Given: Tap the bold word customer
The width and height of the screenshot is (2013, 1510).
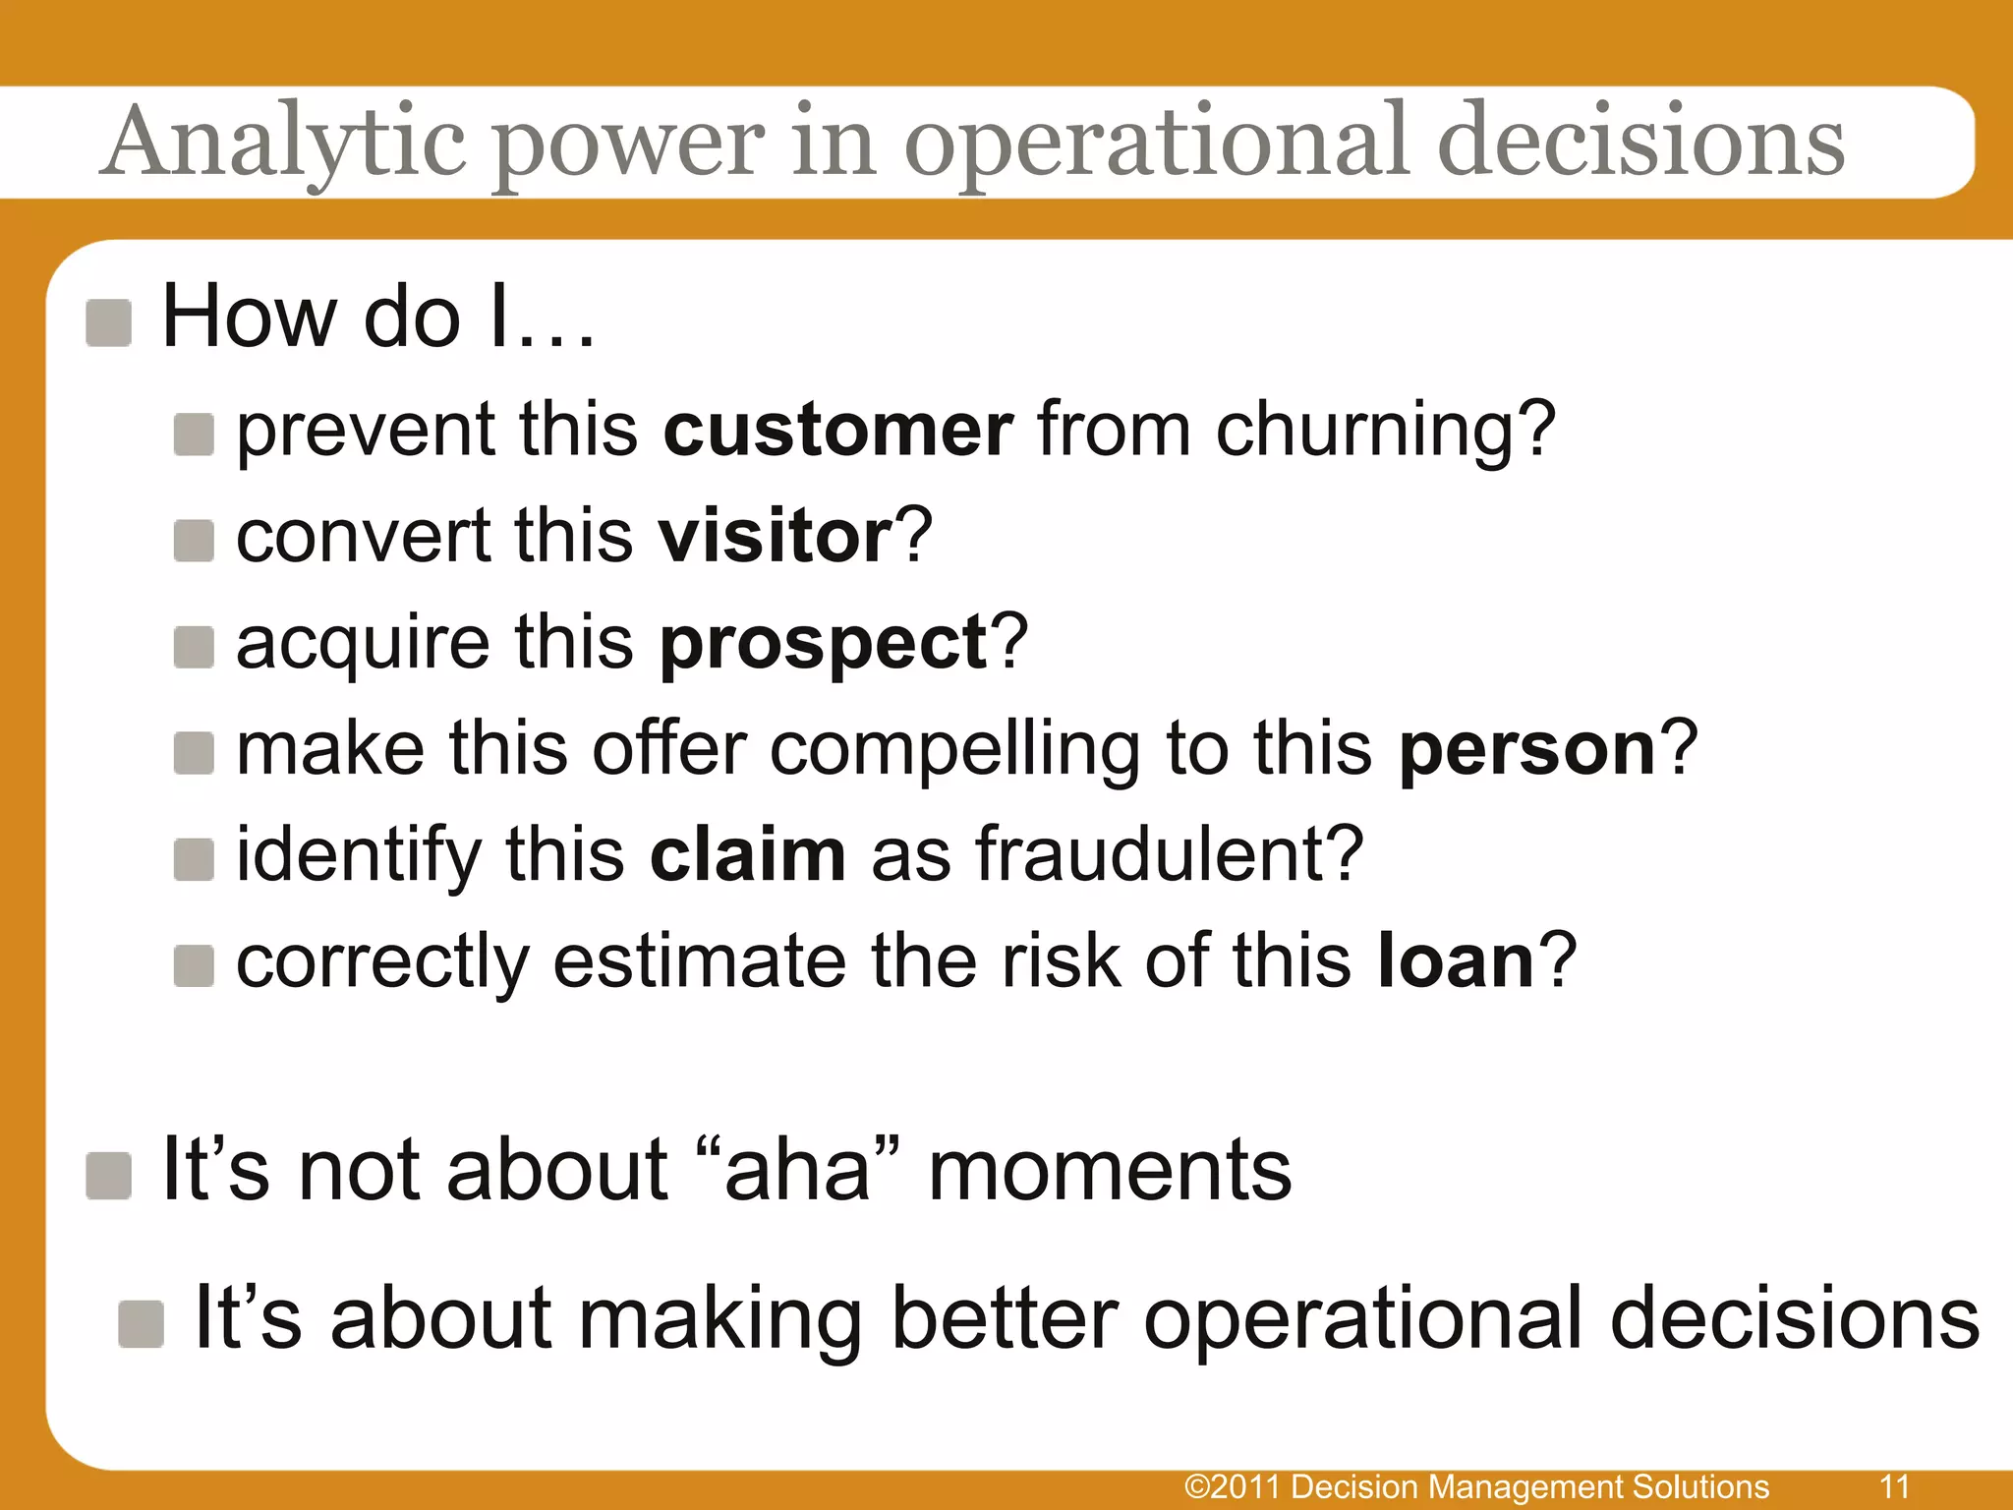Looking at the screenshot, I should [837, 431].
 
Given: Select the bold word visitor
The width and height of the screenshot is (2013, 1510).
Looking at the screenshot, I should [775, 537].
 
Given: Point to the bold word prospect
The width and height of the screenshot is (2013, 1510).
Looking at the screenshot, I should [824, 645].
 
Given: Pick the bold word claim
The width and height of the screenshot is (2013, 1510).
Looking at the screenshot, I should [747, 855].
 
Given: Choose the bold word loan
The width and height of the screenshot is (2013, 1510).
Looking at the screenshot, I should [1456, 961].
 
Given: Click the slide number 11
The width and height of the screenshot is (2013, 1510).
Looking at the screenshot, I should [1894, 1485].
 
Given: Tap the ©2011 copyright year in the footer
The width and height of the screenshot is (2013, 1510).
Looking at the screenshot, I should [1234, 1486].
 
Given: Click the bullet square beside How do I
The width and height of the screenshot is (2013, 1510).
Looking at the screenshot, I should [108, 323].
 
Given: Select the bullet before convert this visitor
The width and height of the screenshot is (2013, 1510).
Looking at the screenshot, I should [194, 541].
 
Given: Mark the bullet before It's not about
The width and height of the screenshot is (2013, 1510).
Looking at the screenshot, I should [108, 1176].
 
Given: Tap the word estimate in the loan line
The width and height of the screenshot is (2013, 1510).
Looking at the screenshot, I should [699, 961].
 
